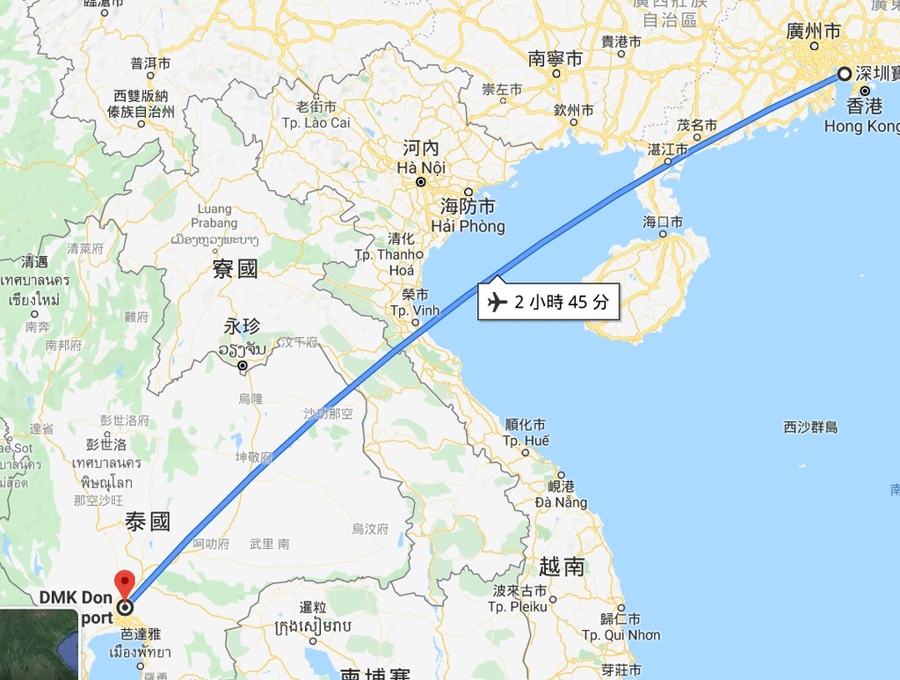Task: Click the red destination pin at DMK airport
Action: [125, 583]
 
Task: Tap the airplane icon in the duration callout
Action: [497, 303]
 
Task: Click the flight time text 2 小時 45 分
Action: [561, 303]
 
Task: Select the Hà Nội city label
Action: [421, 167]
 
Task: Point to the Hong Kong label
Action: [861, 126]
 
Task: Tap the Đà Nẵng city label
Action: [561, 502]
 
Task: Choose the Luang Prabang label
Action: [214, 216]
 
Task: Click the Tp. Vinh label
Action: [415, 311]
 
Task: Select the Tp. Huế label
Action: [526, 440]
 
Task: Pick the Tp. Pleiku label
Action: [519, 606]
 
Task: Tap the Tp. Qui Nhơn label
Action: [621, 634]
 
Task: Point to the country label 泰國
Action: [148, 522]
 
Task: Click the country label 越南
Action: [562, 566]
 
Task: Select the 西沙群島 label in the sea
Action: [810, 428]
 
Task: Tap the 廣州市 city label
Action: [813, 32]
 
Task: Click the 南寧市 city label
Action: [555, 59]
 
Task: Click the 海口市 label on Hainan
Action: [663, 222]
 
